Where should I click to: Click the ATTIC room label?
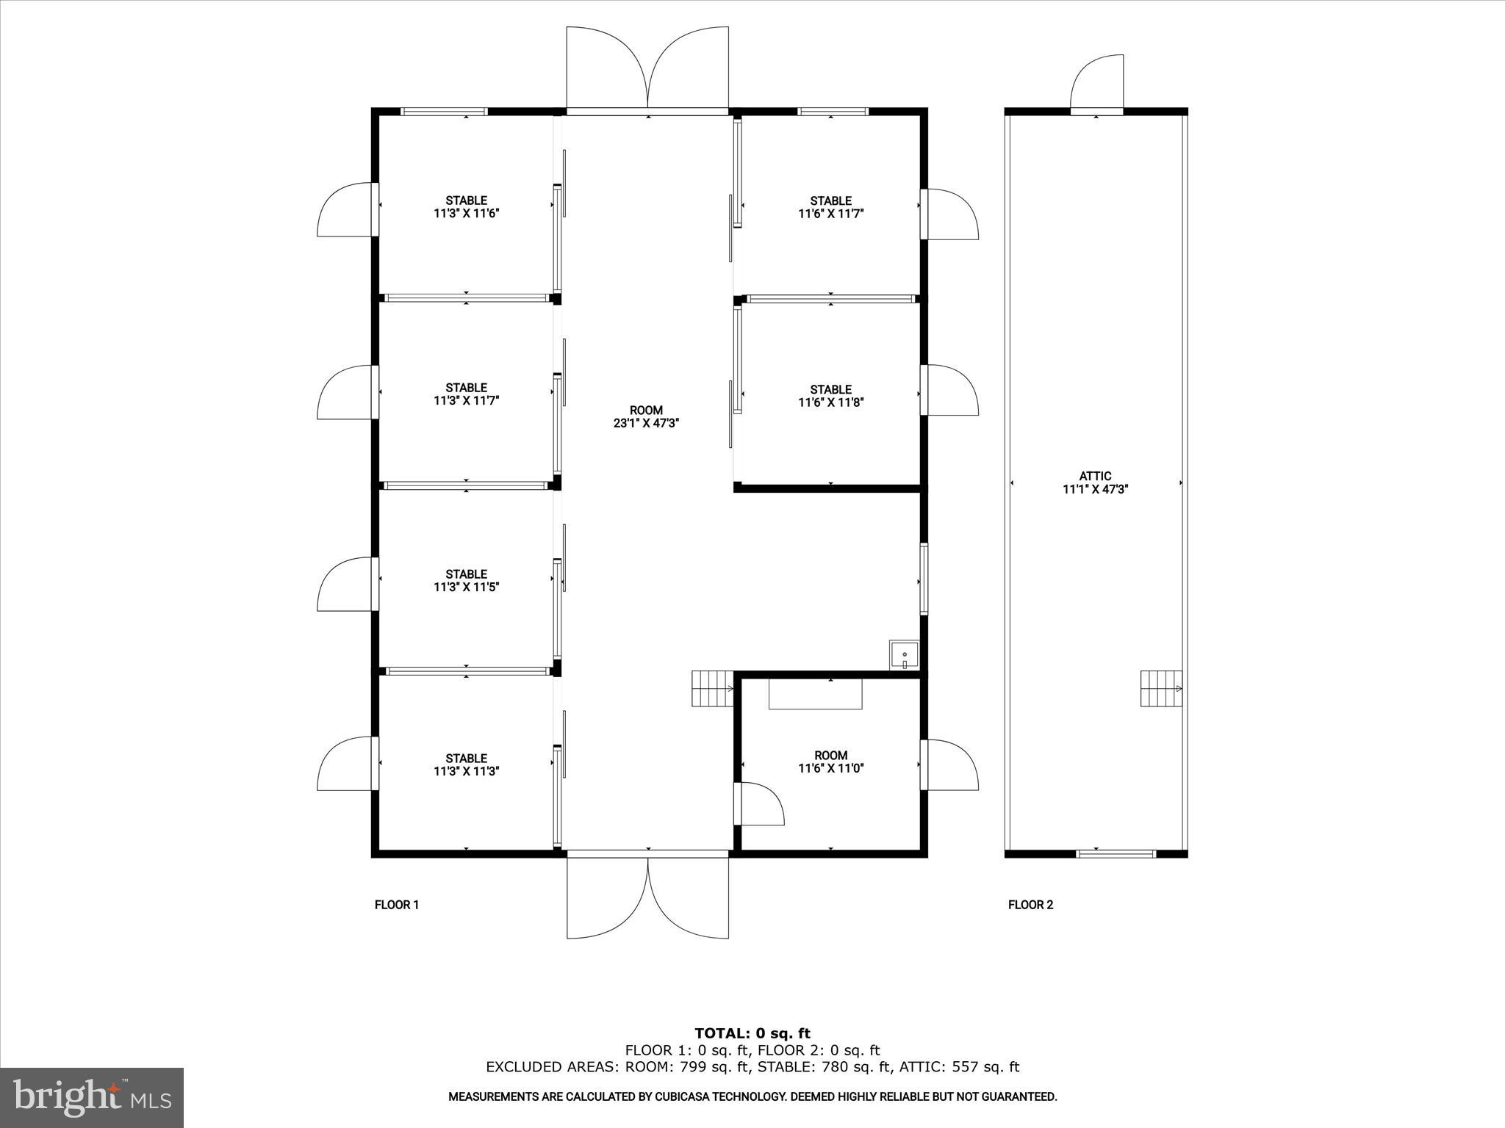1095,476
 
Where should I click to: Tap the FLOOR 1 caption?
397,905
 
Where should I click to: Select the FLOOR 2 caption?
1030,905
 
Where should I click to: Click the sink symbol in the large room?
904,654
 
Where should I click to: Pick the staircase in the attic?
1161,688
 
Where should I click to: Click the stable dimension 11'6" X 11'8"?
830,402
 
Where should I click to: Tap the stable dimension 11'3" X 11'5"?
466,587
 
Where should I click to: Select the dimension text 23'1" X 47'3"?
646,423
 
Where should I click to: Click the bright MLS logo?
92,1098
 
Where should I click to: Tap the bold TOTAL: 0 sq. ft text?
752,1034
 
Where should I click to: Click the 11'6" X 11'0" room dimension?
830,769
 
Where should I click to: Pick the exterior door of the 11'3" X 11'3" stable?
345,764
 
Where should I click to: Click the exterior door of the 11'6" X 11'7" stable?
952,214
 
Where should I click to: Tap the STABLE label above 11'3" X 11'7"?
466,388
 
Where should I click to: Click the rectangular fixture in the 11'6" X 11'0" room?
816,694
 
